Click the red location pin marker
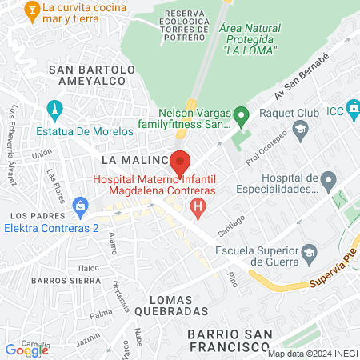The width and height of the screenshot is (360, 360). pos(181,162)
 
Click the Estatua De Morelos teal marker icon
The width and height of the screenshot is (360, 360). pos(54,109)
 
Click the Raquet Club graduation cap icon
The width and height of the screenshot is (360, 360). pos(299,127)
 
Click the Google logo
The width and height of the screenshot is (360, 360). pos(26,350)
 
